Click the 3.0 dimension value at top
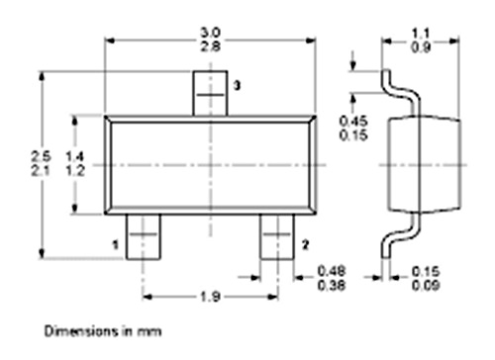pos(211,33)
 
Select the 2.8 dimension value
pos(211,46)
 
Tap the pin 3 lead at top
pos(210,94)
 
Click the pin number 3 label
pos(237,86)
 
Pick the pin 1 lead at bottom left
pos(144,236)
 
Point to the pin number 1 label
pos(116,245)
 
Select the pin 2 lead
pos(277,236)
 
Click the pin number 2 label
pos(305,245)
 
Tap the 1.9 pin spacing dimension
pos(210,297)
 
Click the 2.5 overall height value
pos(41,156)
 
